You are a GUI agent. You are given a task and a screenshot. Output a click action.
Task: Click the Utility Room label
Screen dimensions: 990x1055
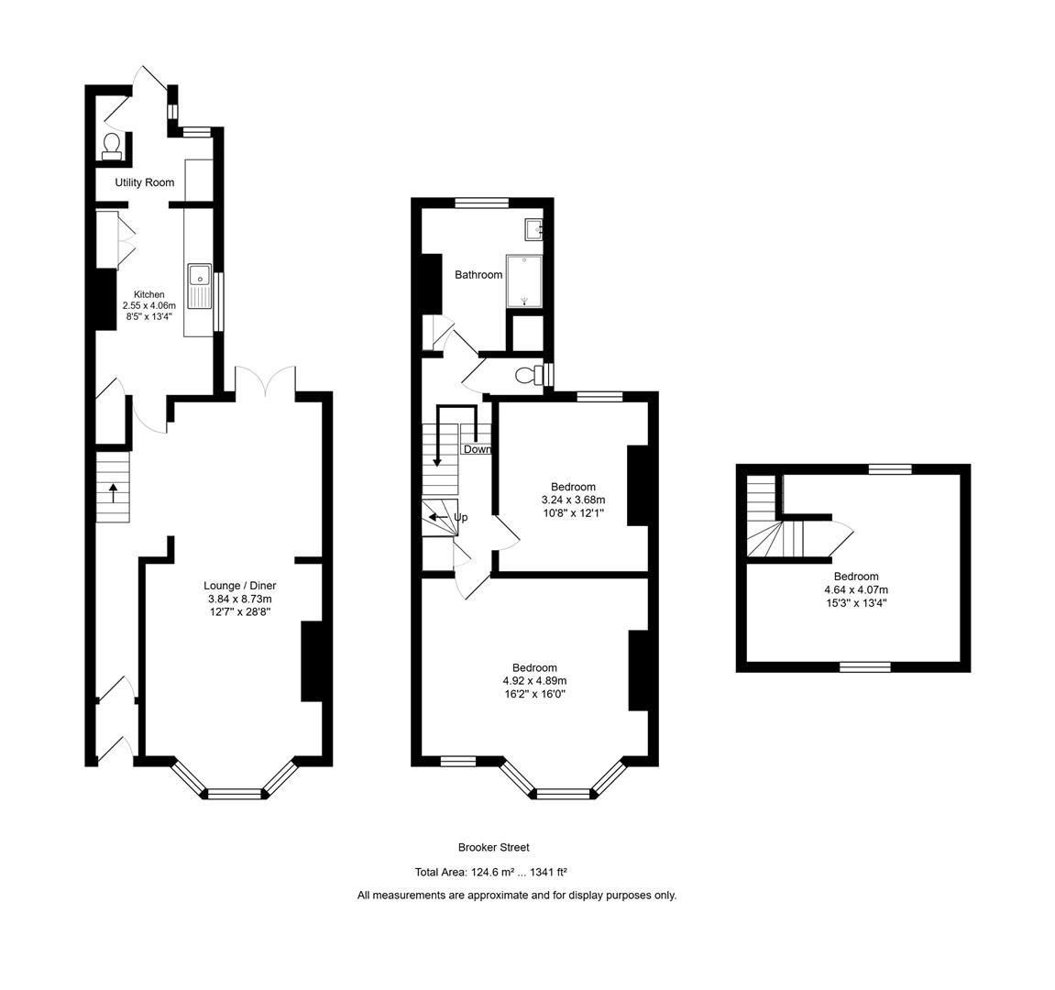144,182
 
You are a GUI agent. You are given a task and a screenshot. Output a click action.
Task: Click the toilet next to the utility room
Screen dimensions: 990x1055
112,147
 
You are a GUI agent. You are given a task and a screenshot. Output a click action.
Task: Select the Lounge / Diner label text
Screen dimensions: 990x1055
239,586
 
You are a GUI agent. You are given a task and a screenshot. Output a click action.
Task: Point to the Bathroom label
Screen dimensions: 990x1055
478,275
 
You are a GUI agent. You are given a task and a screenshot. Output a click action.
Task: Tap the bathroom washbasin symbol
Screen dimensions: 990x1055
533,228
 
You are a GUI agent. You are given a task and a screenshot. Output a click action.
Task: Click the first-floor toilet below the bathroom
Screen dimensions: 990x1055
527,375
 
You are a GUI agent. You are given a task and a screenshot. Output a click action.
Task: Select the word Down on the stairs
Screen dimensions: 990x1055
477,449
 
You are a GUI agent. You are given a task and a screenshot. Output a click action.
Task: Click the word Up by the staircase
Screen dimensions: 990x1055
460,518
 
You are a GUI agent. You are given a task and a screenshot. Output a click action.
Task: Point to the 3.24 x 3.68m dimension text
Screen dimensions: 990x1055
573,500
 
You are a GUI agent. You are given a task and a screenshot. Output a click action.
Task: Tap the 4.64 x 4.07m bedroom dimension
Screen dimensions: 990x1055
856,590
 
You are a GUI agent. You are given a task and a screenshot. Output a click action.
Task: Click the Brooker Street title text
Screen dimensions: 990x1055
493,848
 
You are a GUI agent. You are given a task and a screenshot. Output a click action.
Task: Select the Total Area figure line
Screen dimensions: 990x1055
497,873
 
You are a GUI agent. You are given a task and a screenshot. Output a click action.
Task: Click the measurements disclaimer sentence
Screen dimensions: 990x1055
517,896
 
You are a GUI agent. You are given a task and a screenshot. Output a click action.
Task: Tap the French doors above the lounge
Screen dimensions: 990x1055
265,380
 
